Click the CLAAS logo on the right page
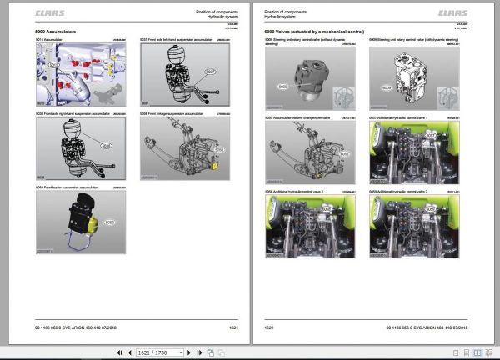[453, 12]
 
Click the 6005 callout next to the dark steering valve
[283, 85]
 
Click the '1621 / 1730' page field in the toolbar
[150, 353]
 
